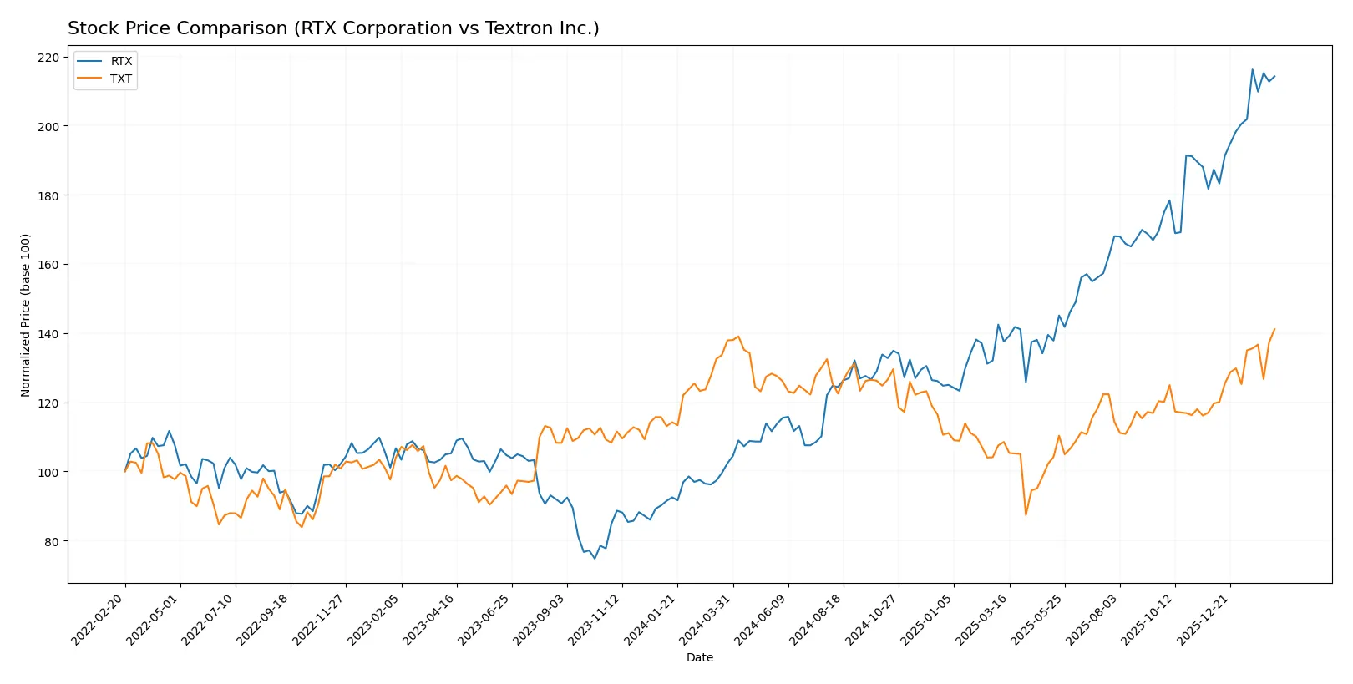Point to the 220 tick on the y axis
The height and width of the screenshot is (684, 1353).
pos(48,58)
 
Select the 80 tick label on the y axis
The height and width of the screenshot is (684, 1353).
pos(52,541)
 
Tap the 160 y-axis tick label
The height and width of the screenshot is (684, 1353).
pos(48,265)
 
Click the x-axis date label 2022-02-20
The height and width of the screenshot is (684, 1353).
pos(99,619)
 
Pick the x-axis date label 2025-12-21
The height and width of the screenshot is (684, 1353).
pos(1204,619)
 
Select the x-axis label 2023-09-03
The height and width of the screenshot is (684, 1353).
pos(541,619)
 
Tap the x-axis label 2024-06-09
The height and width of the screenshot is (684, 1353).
pos(762,619)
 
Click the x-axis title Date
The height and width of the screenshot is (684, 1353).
pos(699,657)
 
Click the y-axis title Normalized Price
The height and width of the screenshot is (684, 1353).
pos(25,315)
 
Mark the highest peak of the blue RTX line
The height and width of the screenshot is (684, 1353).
pos(1252,69)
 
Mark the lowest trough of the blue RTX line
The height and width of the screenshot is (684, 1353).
pos(595,558)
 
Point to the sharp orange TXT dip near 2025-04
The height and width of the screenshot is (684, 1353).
pos(1026,514)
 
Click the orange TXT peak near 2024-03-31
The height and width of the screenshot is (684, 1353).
pos(738,337)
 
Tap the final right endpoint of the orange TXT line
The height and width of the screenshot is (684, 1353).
pos(1274,329)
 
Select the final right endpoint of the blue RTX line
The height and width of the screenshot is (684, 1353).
pos(1274,77)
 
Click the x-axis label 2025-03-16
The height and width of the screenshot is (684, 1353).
pos(983,619)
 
